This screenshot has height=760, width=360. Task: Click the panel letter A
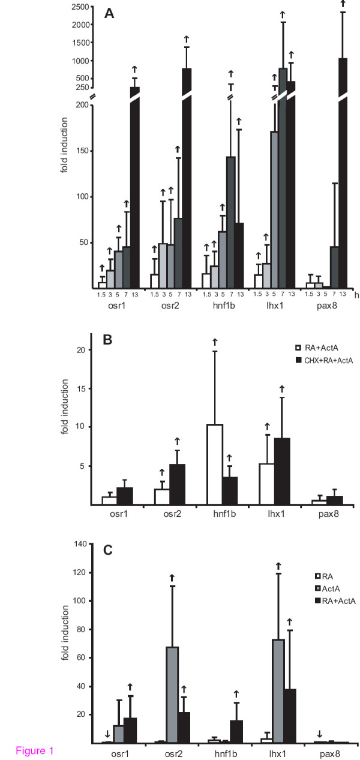(x=109, y=13)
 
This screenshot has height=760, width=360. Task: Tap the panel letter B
(x=108, y=340)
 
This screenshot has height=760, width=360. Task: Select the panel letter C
(x=109, y=551)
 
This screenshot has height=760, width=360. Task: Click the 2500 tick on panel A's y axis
(x=80, y=7)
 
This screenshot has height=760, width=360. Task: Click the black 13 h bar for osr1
(x=135, y=186)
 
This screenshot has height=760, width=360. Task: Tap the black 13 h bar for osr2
(x=187, y=180)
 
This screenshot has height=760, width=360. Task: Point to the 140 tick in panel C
(x=81, y=544)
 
